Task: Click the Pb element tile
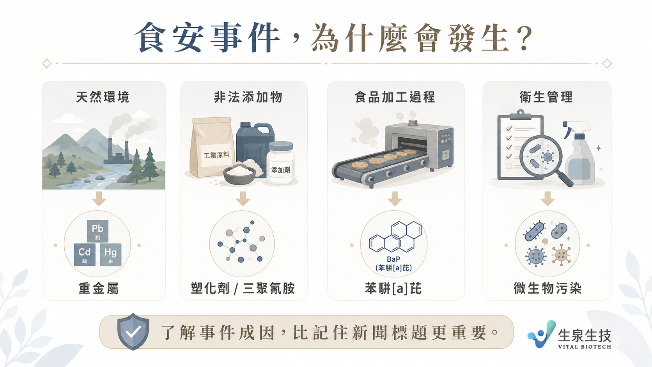pos(97,231)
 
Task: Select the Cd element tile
pos(84,255)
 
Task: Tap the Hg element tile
pos(111,255)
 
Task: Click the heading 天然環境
pos(103,97)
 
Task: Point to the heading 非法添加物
pos(248,97)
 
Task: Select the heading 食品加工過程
pos(395,97)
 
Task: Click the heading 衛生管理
pos(546,97)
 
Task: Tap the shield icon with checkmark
pos(133,332)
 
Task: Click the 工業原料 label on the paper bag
pos(216,155)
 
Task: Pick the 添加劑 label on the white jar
pos(281,170)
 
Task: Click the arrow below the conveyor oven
pos(395,199)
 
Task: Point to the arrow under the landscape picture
pos(99,199)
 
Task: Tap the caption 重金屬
pos(99,289)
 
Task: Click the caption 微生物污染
pos(547,289)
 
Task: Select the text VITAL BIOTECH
pos(585,347)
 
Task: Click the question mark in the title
pos(525,38)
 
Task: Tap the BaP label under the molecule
pos(393,259)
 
